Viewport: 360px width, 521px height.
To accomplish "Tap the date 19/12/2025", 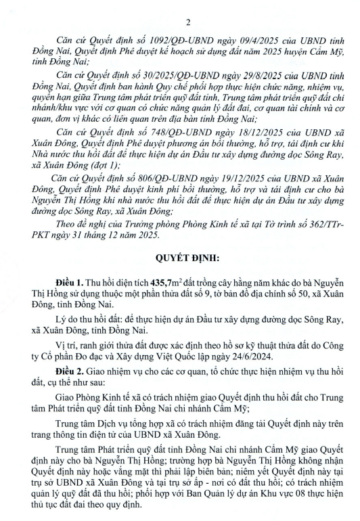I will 221,175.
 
